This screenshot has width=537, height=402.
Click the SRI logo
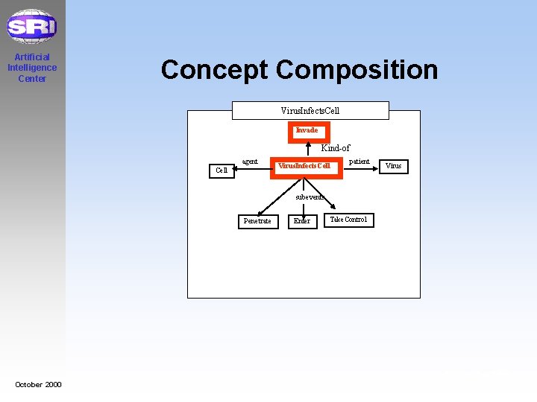click(31, 27)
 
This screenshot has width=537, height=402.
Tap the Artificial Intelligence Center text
click(32, 68)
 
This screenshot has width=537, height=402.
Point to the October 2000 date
click(38, 384)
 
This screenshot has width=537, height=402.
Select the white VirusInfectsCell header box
click(310, 111)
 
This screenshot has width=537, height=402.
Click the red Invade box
click(307, 131)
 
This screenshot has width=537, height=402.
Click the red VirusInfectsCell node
click(305, 166)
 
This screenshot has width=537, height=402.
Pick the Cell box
click(222, 170)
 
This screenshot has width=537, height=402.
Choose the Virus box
click(394, 166)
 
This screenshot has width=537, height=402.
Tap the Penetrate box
click(257, 221)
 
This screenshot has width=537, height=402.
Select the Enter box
click(302, 221)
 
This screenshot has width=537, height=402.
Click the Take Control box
click(348, 220)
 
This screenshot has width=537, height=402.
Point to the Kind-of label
click(335, 148)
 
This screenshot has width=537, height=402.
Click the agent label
click(250, 162)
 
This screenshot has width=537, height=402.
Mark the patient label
click(359, 162)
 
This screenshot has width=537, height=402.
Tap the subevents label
click(309, 197)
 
